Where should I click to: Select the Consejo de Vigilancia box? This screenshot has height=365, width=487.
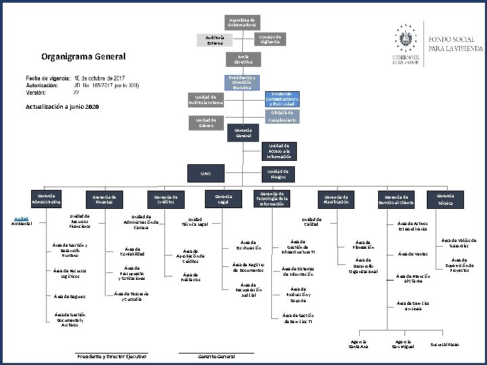[271, 39]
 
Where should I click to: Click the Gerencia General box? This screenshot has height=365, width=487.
[243, 132]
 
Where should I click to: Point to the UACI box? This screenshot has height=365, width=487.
[206, 174]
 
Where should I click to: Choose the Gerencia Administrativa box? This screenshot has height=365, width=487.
[46, 199]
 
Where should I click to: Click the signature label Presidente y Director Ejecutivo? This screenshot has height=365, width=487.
[112, 356]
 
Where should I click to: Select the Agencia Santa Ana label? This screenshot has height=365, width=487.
[358, 344]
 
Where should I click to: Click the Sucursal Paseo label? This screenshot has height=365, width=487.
[444, 345]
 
